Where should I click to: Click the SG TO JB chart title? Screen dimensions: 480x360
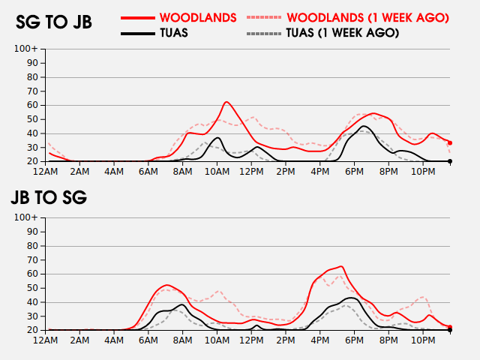tap(54, 22)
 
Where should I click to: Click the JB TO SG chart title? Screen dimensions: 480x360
tap(49, 197)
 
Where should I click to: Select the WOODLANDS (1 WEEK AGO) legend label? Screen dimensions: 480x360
tap(367, 18)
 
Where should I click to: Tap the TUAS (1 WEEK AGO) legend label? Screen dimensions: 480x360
tap(343, 33)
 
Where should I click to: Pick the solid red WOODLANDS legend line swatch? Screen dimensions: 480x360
tap(138, 18)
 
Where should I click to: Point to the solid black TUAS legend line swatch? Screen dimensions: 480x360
tap(138, 33)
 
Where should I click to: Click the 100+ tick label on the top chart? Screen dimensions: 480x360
tap(25, 49)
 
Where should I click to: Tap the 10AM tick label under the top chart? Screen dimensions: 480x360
tap(217, 172)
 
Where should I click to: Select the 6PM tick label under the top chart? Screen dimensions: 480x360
tap(354, 172)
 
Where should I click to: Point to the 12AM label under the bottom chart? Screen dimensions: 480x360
tap(45, 340)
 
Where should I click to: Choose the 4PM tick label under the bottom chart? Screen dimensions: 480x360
tap(320, 340)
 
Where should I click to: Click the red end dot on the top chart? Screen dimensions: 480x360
tap(450, 143)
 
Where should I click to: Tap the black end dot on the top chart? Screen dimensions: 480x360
tap(450, 161)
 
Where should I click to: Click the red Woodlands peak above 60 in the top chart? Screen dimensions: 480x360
tap(226, 102)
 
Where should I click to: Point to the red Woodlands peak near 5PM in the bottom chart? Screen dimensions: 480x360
tap(341, 267)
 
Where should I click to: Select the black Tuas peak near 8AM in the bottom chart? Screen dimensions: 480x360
tap(181, 304)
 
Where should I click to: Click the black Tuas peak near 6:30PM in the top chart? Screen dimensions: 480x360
tap(363, 126)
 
